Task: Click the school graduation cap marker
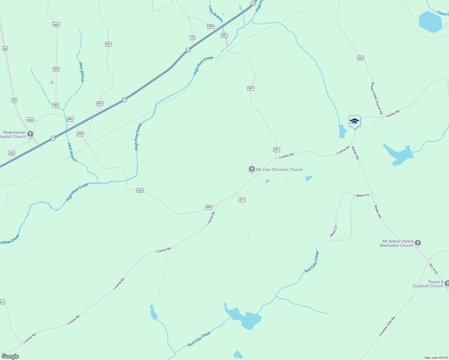click(354, 121)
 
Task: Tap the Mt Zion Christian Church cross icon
click(252, 169)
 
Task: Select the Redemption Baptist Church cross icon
click(30, 134)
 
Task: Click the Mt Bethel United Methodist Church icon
click(417, 243)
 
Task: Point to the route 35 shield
click(192, 37)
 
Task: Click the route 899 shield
click(210, 26)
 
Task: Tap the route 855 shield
click(360, 58)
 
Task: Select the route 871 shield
click(242, 200)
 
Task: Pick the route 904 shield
click(11, 153)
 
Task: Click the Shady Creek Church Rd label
click(377, 98)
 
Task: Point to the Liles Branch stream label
click(216, 14)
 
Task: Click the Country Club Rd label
click(387, 326)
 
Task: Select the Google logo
click(10, 356)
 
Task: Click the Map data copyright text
click(436, 358)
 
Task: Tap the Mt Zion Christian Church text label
click(279, 169)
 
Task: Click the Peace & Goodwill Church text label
click(428, 284)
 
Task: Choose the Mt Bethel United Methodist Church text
click(397, 243)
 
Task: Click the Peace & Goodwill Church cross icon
click(447, 283)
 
